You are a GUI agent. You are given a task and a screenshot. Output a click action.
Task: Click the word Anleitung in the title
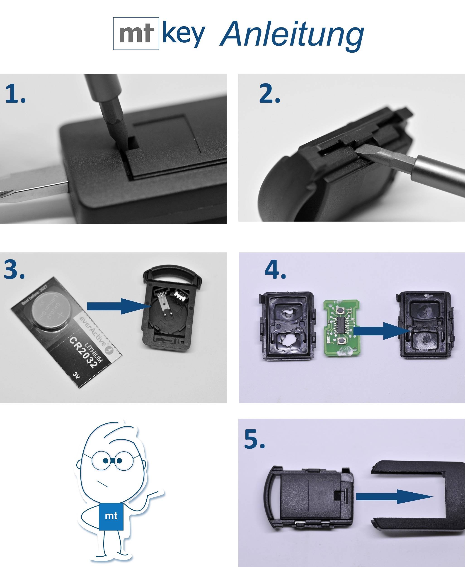point(292,34)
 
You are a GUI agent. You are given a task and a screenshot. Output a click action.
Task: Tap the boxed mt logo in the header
point(136,34)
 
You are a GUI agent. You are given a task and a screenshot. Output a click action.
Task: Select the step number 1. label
point(15,94)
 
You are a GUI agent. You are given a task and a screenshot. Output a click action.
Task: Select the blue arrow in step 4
point(380,331)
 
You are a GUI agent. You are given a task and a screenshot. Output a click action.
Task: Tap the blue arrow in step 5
point(394,496)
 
